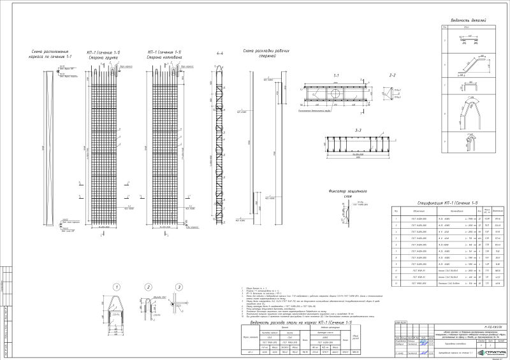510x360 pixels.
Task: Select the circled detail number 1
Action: click(x=117, y=286)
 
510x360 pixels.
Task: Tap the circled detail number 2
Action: click(x=147, y=286)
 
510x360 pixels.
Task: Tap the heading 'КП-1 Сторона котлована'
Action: click(x=164, y=54)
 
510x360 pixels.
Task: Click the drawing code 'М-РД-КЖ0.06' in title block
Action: click(x=472, y=326)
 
